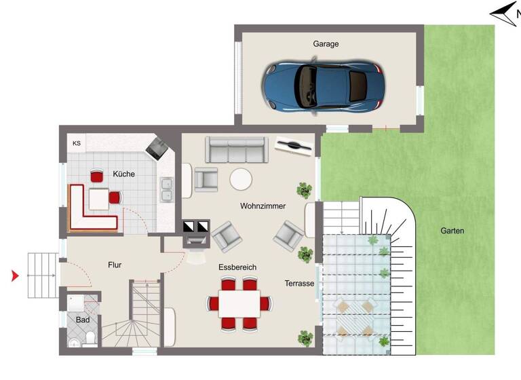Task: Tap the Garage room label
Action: click(326, 44)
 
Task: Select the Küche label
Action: click(123, 174)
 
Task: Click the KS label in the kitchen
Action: click(77, 143)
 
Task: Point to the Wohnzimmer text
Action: click(263, 206)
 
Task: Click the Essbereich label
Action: click(237, 268)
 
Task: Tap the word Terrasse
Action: click(299, 284)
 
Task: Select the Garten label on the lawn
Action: click(452, 231)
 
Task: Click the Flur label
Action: click(114, 265)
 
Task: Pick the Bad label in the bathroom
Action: click(83, 320)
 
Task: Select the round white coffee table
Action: click(241, 180)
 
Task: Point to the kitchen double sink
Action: click(166, 191)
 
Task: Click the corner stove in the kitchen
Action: click(156, 146)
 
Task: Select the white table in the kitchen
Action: click(99, 199)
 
